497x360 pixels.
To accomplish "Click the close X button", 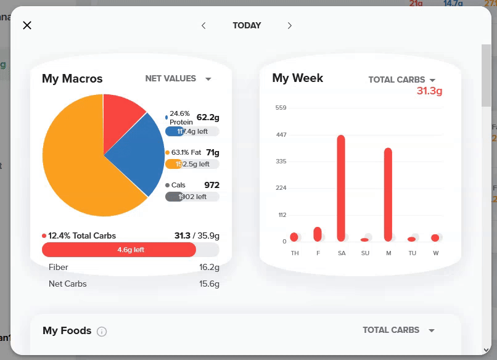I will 27,25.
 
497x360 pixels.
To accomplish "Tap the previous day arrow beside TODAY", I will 203,25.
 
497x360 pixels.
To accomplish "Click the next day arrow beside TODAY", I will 290,25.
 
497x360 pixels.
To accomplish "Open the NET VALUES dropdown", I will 178,79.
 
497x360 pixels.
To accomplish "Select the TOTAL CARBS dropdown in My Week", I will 402,80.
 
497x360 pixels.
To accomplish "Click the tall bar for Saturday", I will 341,188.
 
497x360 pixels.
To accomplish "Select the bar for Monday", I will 388,194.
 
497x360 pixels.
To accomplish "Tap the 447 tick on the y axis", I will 281,134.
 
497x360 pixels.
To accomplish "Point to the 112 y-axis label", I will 282,215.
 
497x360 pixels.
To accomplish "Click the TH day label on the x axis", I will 295,253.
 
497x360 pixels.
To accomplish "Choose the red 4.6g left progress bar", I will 119,250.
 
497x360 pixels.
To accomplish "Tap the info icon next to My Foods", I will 102,332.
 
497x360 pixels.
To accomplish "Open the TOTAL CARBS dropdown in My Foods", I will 398,330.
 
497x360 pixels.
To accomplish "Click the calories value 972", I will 212,185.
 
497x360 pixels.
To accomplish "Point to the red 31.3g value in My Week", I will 429,91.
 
